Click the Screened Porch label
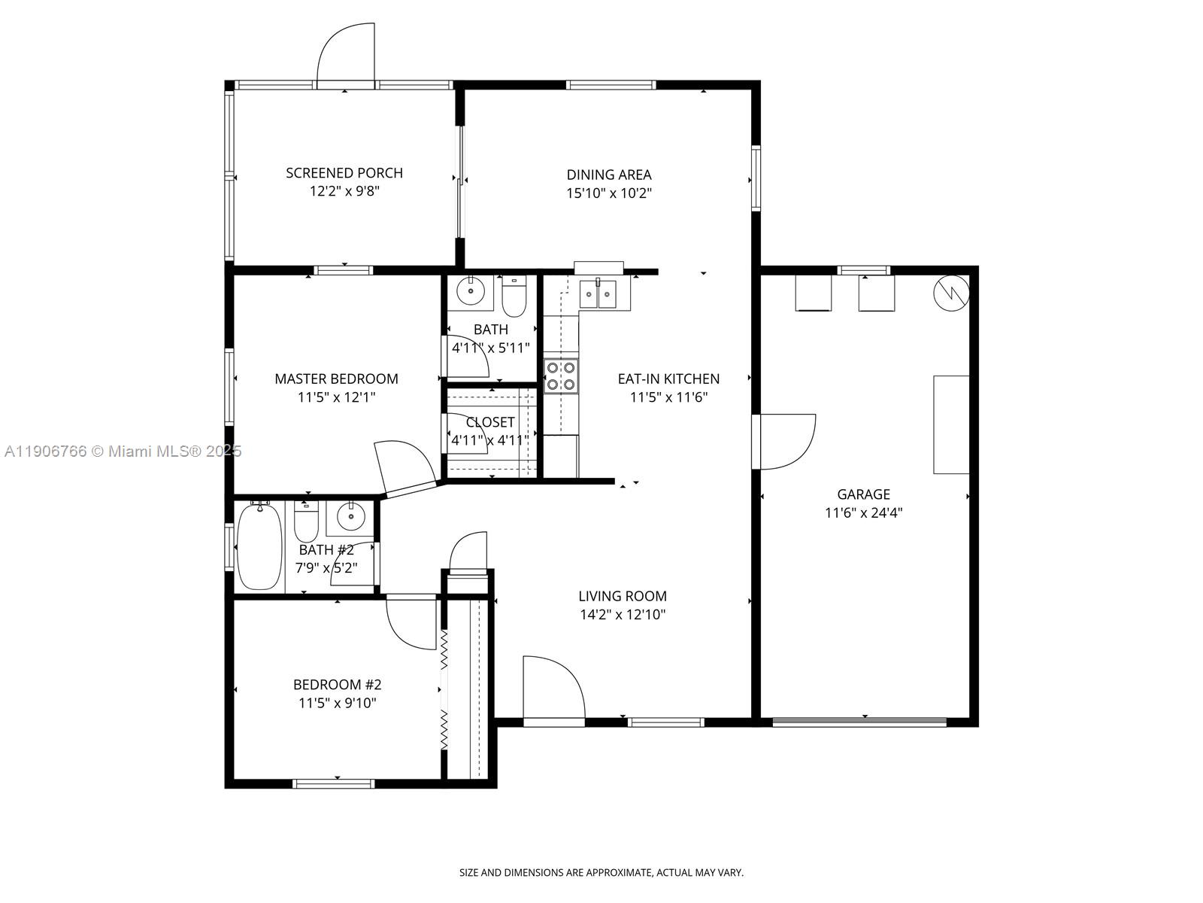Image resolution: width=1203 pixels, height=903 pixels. point(344,173)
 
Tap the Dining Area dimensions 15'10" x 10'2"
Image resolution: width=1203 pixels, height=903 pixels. point(608,193)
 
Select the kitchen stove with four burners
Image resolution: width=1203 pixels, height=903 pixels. point(561,375)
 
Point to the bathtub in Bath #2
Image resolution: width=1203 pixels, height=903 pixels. point(259,546)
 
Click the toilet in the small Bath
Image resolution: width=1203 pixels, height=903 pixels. point(514,298)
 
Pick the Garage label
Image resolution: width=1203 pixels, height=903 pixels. point(863,494)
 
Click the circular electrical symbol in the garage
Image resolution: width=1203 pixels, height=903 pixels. point(951,293)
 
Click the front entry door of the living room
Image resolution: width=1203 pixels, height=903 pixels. point(553,688)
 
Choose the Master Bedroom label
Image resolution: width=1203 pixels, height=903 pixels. point(336,379)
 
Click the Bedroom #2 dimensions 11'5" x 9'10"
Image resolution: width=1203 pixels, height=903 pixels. point(337,704)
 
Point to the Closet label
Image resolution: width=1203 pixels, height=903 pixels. point(490,422)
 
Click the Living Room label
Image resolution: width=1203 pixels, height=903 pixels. point(622,596)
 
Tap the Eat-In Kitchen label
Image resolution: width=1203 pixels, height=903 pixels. point(668,379)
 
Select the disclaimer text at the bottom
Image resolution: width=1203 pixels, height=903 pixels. point(601,873)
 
